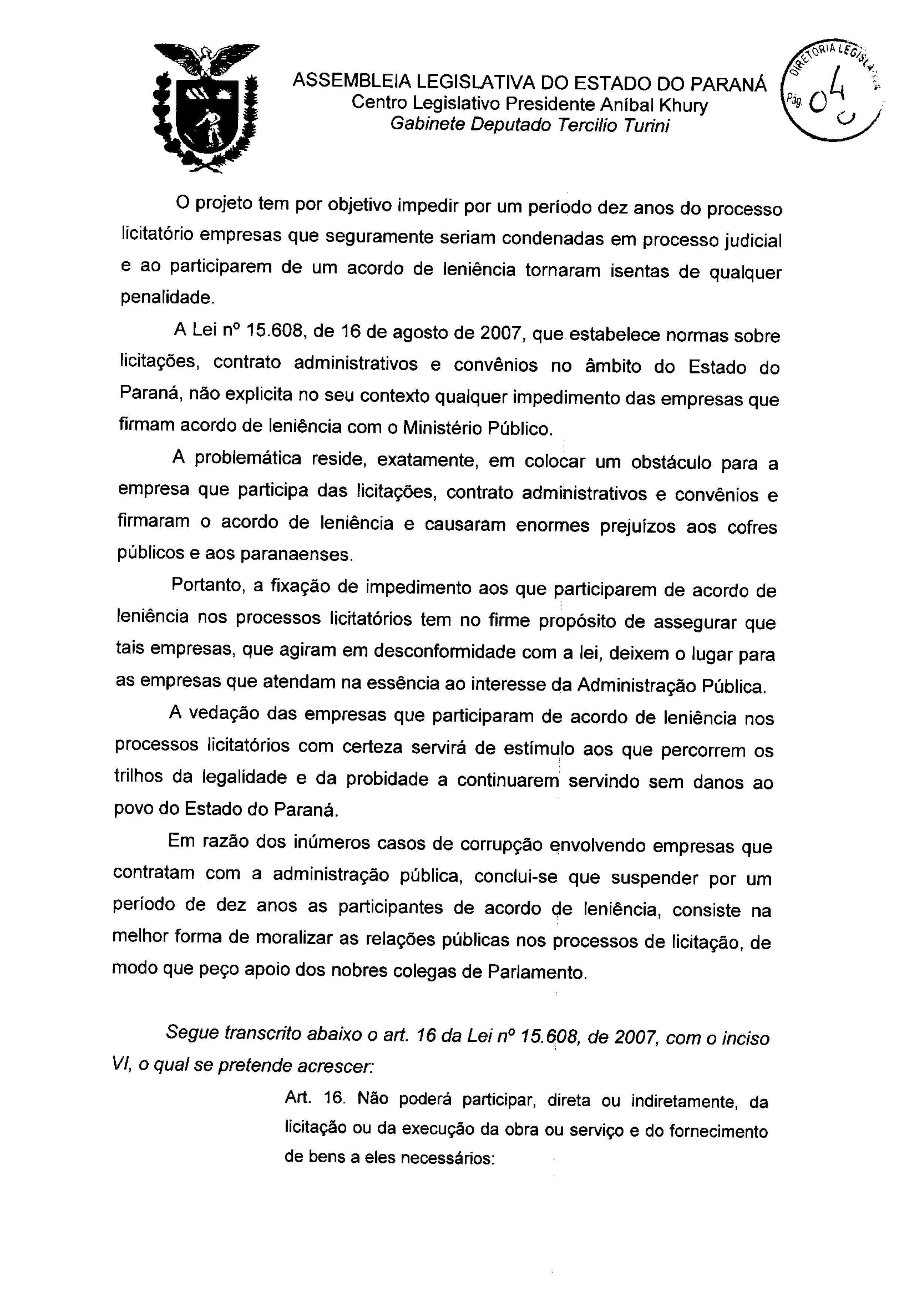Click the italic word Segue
pos(192,1032)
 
